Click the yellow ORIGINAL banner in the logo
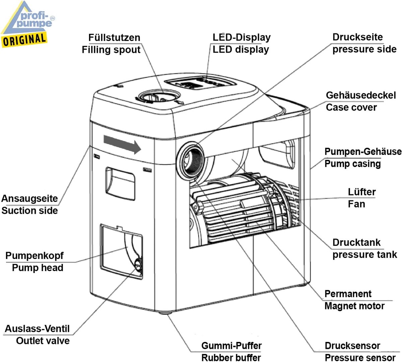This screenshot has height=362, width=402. click(24, 40)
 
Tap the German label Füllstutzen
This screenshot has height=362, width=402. click(114, 38)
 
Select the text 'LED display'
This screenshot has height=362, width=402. click(241, 50)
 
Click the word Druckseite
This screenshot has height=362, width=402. click(358, 37)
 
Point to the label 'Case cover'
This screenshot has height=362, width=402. click(351, 107)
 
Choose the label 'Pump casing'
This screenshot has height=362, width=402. click(353, 164)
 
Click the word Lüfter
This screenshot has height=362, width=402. click(362, 192)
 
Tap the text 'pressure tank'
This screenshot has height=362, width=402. click(365, 255)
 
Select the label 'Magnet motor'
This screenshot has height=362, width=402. click(354, 306)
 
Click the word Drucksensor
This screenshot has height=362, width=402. click(352, 346)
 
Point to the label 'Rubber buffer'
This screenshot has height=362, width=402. click(231, 358)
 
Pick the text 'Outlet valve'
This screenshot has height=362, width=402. click(43, 341)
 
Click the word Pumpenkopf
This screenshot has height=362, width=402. click(35, 256)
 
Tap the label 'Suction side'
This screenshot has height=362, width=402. click(30, 211)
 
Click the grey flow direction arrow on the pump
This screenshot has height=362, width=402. click(123, 144)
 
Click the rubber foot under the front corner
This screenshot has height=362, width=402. click(165, 312)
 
